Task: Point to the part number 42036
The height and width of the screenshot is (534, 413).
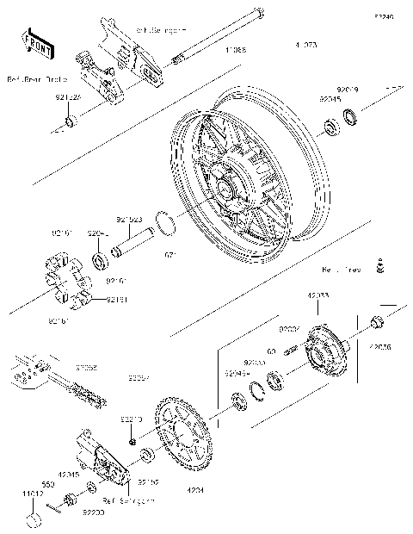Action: [x=379, y=347]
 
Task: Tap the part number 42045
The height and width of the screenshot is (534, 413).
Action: [x=71, y=474]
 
